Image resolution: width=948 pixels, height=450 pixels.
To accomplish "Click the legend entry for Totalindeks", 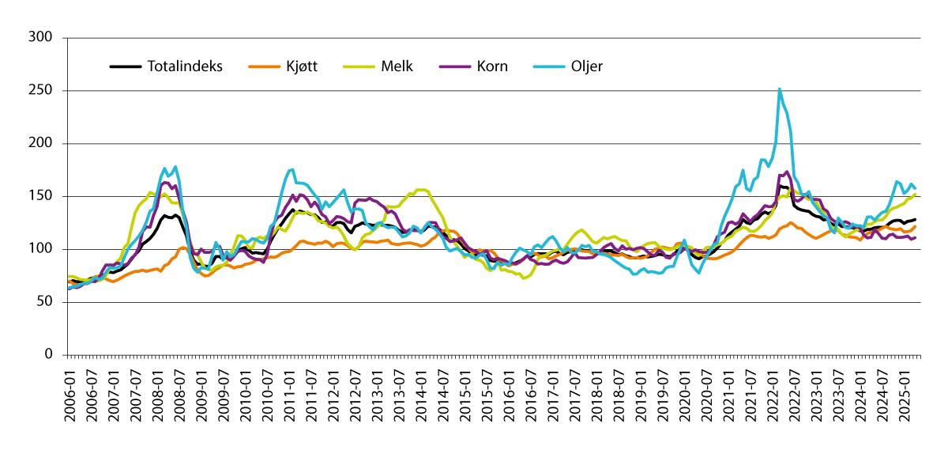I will tap(185, 66).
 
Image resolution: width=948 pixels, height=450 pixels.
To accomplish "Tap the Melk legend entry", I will tap(397, 66).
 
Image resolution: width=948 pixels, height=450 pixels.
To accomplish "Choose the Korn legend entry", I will tap(491, 66).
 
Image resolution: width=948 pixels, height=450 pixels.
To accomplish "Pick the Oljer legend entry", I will tap(585, 66).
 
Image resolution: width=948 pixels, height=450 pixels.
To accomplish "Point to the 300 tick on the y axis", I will tap(41, 38).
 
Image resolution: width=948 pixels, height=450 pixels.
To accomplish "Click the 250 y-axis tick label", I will tap(41, 91).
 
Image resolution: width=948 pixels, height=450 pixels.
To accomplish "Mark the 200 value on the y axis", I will tap(41, 144).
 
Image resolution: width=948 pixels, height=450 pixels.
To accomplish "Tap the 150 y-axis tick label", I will tap(41, 196).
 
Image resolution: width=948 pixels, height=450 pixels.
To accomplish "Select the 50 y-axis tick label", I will tap(45, 302).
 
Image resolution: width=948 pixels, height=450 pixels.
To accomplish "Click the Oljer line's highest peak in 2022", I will tap(780, 89).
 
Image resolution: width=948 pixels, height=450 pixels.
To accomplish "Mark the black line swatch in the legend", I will tap(125, 66).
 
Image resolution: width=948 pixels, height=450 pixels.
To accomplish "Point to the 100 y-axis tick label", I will tap(41, 249).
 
